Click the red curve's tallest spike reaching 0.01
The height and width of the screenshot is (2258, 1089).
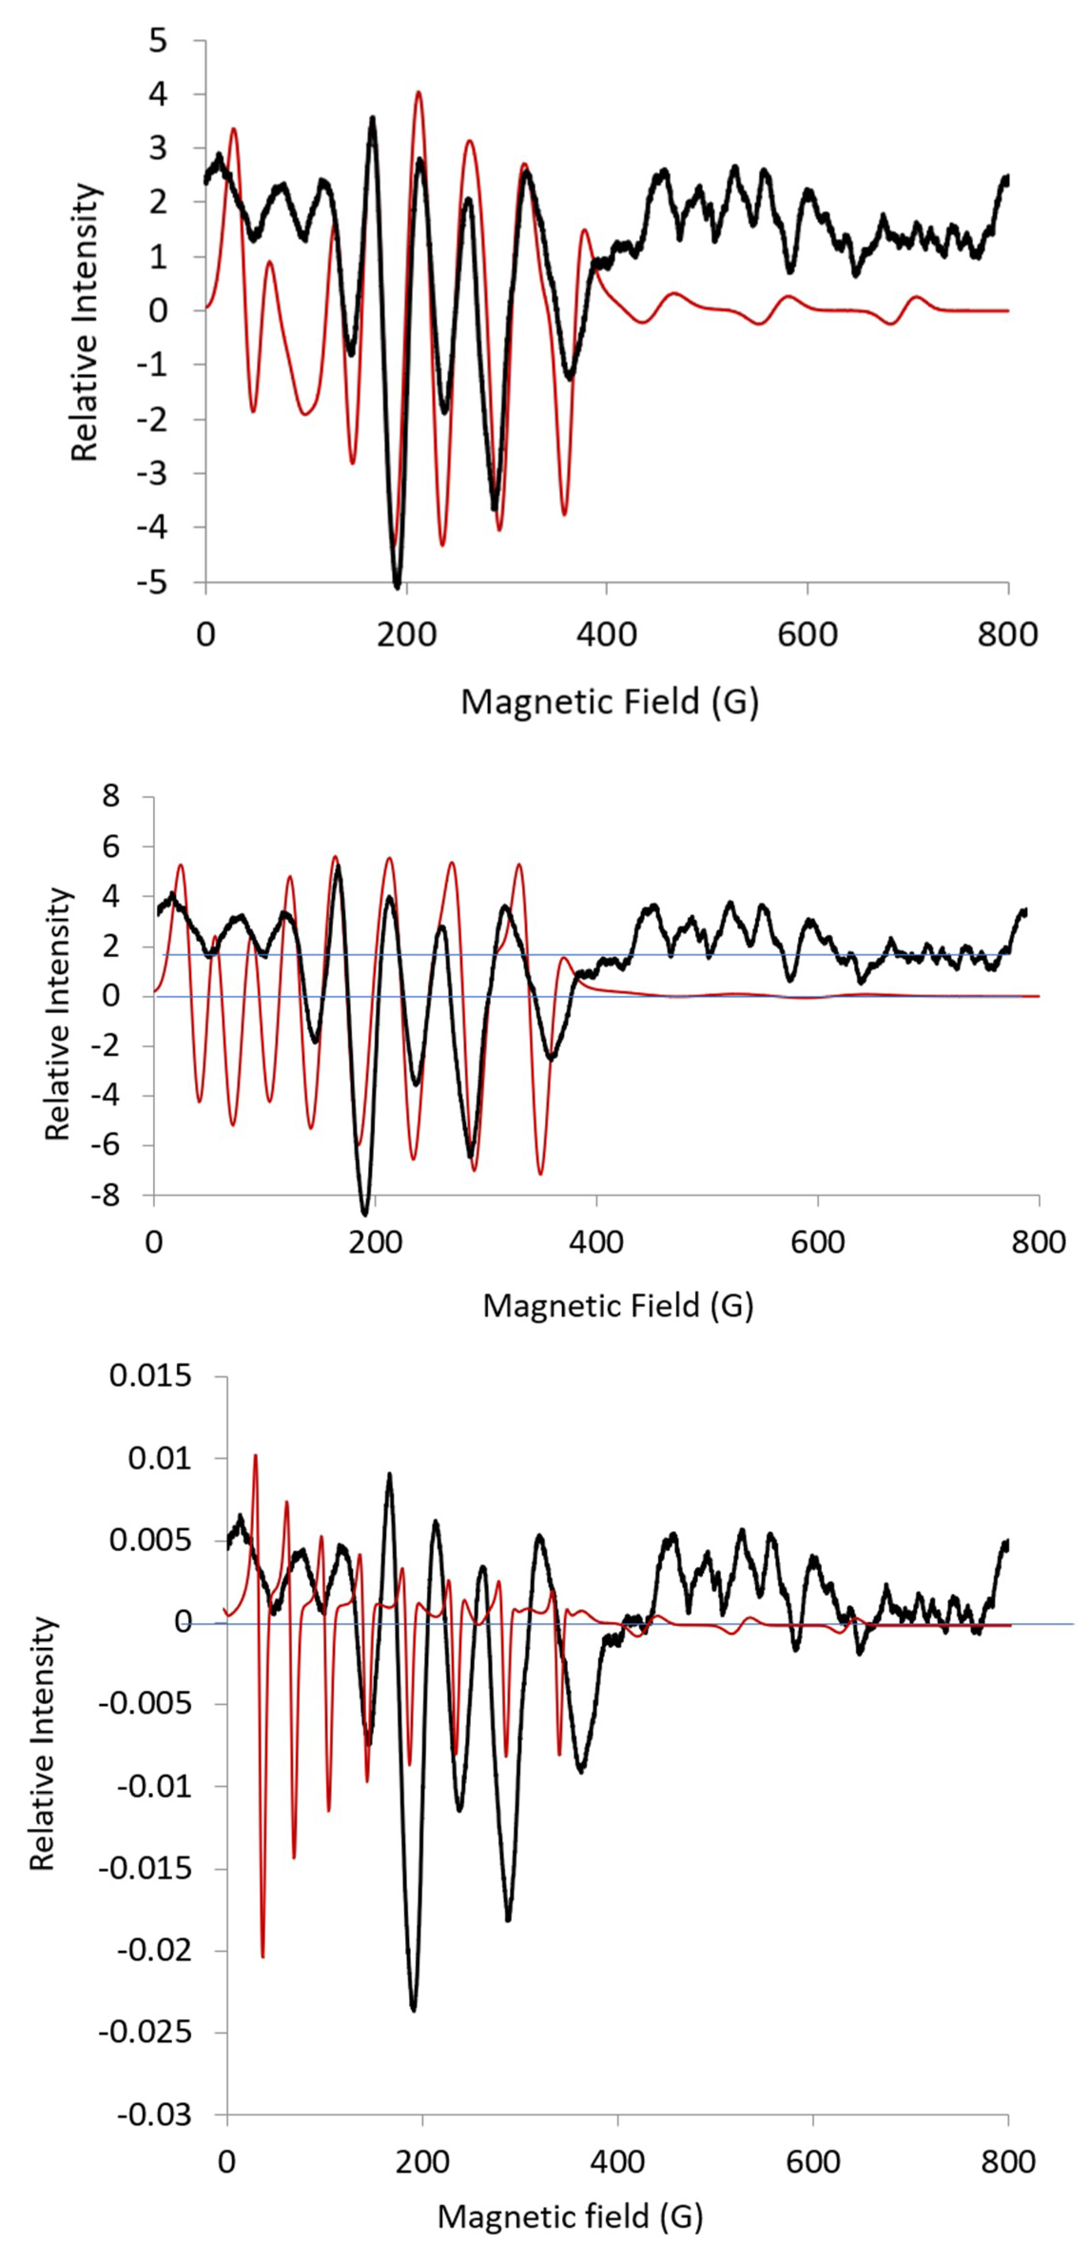tap(255, 1456)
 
